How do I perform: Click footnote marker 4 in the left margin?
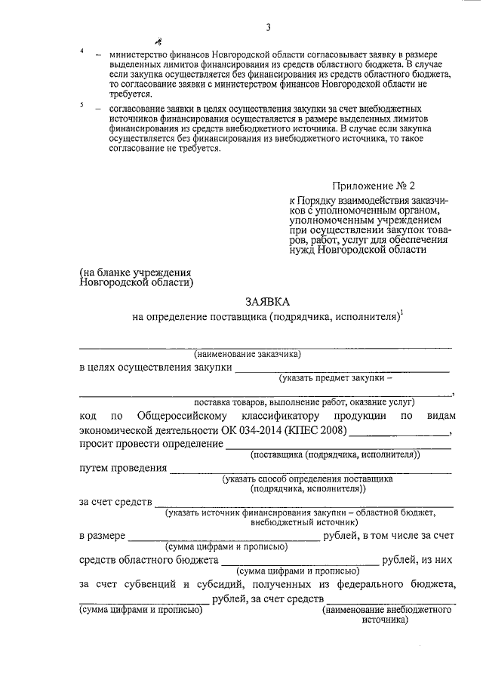(x=82, y=51)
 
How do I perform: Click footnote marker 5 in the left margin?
(x=82, y=105)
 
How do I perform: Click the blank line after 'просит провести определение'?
(x=338, y=447)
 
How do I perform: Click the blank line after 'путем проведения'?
(x=311, y=472)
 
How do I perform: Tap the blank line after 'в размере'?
(x=224, y=539)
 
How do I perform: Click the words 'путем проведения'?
(x=123, y=468)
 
